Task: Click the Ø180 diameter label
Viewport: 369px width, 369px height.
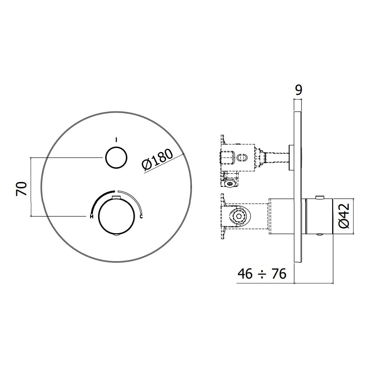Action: (x=158, y=159)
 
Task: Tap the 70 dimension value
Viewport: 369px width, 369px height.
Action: (x=22, y=189)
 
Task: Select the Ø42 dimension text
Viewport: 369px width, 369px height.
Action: (x=344, y=216)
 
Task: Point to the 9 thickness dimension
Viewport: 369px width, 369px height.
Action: (x=299, y=90)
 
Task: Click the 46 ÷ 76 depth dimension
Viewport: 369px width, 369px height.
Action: (x=262, y=274)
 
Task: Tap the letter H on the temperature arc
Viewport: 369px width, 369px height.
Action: (x=92, y=217)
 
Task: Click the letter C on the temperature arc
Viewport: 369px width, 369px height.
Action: (x=141, y=216)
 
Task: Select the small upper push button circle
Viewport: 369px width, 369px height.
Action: (x=116, y=158)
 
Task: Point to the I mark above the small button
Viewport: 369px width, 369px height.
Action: (x=116, y=140)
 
